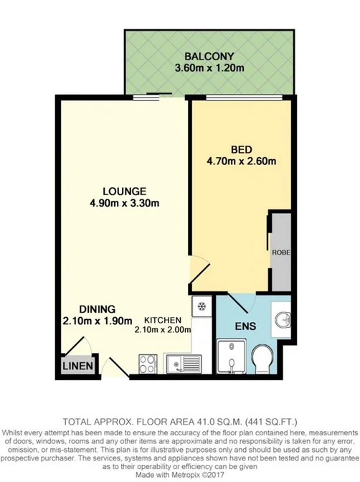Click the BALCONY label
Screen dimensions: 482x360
[208, 57]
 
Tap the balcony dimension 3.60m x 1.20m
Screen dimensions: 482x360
[208, 69]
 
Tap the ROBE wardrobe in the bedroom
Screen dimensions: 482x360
[280, 252]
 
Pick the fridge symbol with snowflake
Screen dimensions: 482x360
[202, 306]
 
